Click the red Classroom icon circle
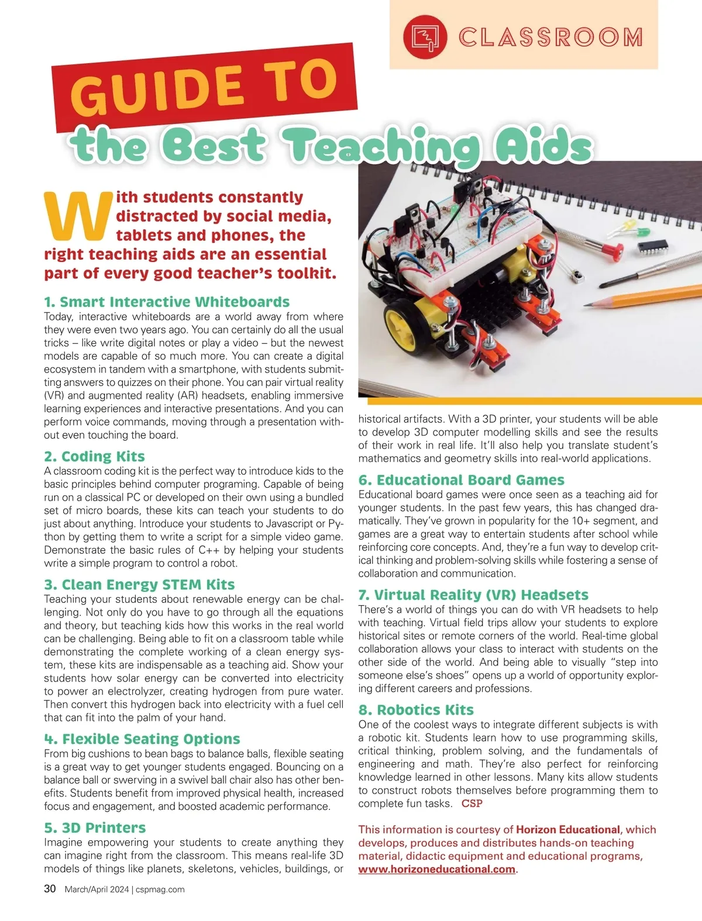coord(425,37)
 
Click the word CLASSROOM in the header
coord(550,37)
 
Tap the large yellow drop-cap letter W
coord(78,216)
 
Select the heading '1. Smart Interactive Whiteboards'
coord(167,302)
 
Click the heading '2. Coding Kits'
coord(94,456)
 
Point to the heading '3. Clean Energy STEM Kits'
coord(139,585)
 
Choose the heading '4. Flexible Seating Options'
coord(142,739)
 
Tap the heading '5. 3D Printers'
coord(95,827)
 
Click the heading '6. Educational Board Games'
coord(461,480)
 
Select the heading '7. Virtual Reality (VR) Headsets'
coord(473,595)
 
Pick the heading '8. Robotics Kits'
coord(416,710)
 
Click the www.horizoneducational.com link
coord(437,869)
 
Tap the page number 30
coord(50,889)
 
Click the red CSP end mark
coord(472,803)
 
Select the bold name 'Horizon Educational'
coord(567,829)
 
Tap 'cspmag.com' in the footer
coord(160,889)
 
